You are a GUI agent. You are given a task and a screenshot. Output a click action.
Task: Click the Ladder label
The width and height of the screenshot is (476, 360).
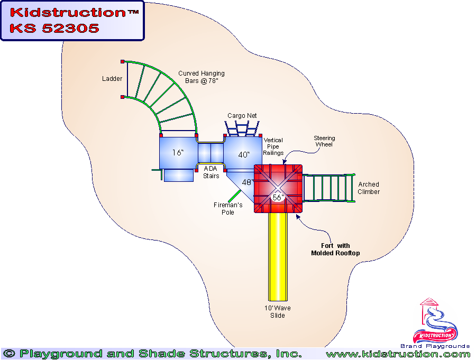coord(112,79)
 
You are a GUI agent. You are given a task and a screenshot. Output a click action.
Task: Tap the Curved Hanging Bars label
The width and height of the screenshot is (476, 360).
coord(201,77)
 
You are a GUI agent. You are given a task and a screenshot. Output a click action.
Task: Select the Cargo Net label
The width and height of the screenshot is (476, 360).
coord(242,115)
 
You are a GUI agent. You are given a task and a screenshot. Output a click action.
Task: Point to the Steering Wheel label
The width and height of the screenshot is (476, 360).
coord(324,141)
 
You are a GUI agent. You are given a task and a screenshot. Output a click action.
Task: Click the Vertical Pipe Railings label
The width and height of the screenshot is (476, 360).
coord(273,146)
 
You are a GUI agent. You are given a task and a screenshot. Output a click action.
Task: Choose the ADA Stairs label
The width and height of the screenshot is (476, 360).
coord(211,172)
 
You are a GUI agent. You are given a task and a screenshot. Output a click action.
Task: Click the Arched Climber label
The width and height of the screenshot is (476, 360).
coord(369,188)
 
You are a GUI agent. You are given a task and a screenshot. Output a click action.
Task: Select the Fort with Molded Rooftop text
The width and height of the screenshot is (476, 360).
coord(335,250)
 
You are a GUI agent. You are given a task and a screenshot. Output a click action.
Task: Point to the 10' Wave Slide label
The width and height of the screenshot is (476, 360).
coord(278,311)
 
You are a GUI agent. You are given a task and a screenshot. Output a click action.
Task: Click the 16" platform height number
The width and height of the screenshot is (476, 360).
coord(178,153)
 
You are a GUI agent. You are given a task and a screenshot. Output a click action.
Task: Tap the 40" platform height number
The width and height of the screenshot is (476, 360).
coord(243,155)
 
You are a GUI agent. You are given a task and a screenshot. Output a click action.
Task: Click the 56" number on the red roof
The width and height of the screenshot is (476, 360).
coord(278,197)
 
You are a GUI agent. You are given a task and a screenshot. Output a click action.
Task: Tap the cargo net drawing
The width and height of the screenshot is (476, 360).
coord(242,128)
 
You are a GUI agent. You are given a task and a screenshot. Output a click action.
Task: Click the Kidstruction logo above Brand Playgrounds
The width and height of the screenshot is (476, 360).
coord(436,322)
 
